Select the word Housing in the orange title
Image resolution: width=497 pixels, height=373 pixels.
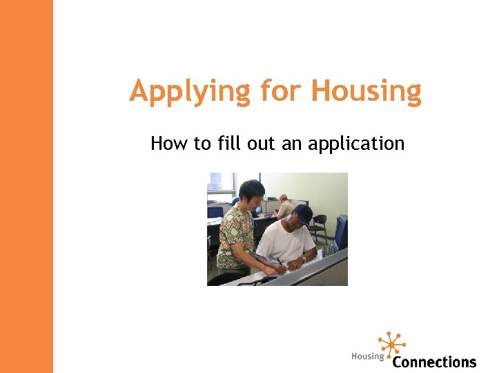tap(366, 91)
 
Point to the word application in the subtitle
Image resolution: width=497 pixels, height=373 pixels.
tap(356, 144)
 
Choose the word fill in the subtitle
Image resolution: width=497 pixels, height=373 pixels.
tap(228, 144)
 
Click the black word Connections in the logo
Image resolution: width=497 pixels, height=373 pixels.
tap(434, 361)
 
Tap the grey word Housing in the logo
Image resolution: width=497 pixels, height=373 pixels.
tap(367, 356)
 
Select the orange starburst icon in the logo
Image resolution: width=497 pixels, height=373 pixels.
tap(392, 344)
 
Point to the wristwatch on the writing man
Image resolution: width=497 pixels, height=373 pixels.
tap(303, 258)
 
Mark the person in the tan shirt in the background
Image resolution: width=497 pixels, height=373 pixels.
tap(284, 206)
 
